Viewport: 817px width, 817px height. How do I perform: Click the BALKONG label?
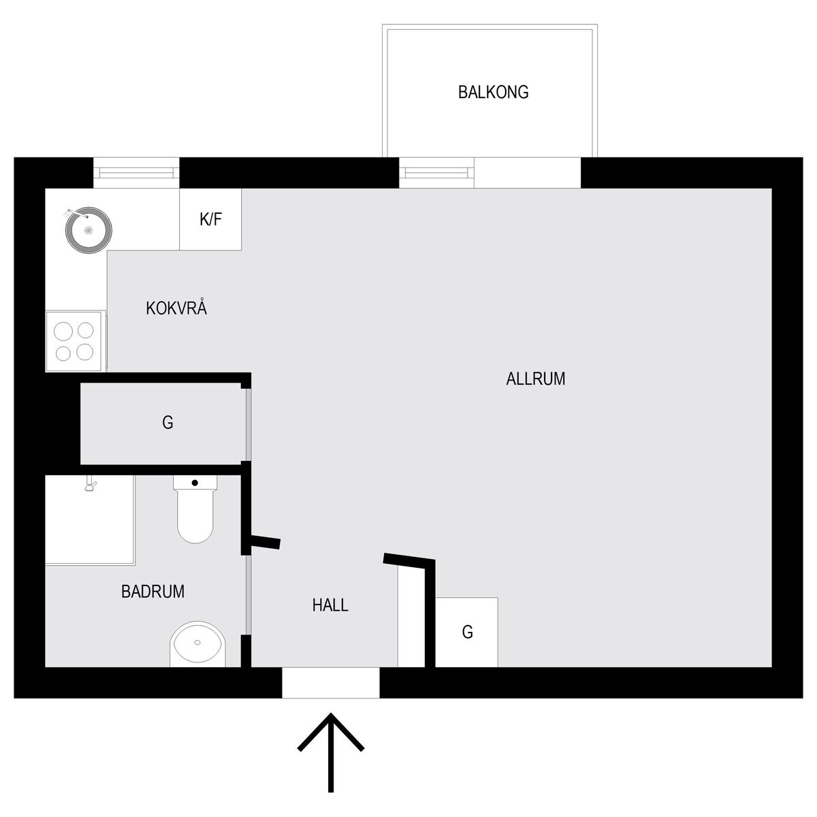(493, 93)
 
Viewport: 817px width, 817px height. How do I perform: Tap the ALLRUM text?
(536, 379)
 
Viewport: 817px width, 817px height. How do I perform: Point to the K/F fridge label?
(210, 219)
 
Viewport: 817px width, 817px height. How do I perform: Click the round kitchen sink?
(89, 230)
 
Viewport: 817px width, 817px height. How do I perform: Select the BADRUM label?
(153, 592)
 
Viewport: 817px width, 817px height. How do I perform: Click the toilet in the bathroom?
(195, 509)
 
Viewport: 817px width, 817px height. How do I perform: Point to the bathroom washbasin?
(197, 644)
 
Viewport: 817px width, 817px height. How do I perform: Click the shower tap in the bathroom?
(90, 483)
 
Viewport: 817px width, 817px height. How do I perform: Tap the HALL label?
(330, 605)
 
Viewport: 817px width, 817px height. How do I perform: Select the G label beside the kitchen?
(167, 423)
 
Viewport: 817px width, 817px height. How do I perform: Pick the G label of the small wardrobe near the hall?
(467, 632)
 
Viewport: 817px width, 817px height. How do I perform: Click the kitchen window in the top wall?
(136, 172)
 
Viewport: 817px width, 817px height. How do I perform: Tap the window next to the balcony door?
(436, 172)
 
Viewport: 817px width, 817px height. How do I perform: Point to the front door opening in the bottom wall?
(331, 683)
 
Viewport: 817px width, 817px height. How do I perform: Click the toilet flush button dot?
(195, 483)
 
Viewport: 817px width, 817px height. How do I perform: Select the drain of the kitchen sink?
(89, 230)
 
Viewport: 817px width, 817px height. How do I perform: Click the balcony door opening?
(528, 172)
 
